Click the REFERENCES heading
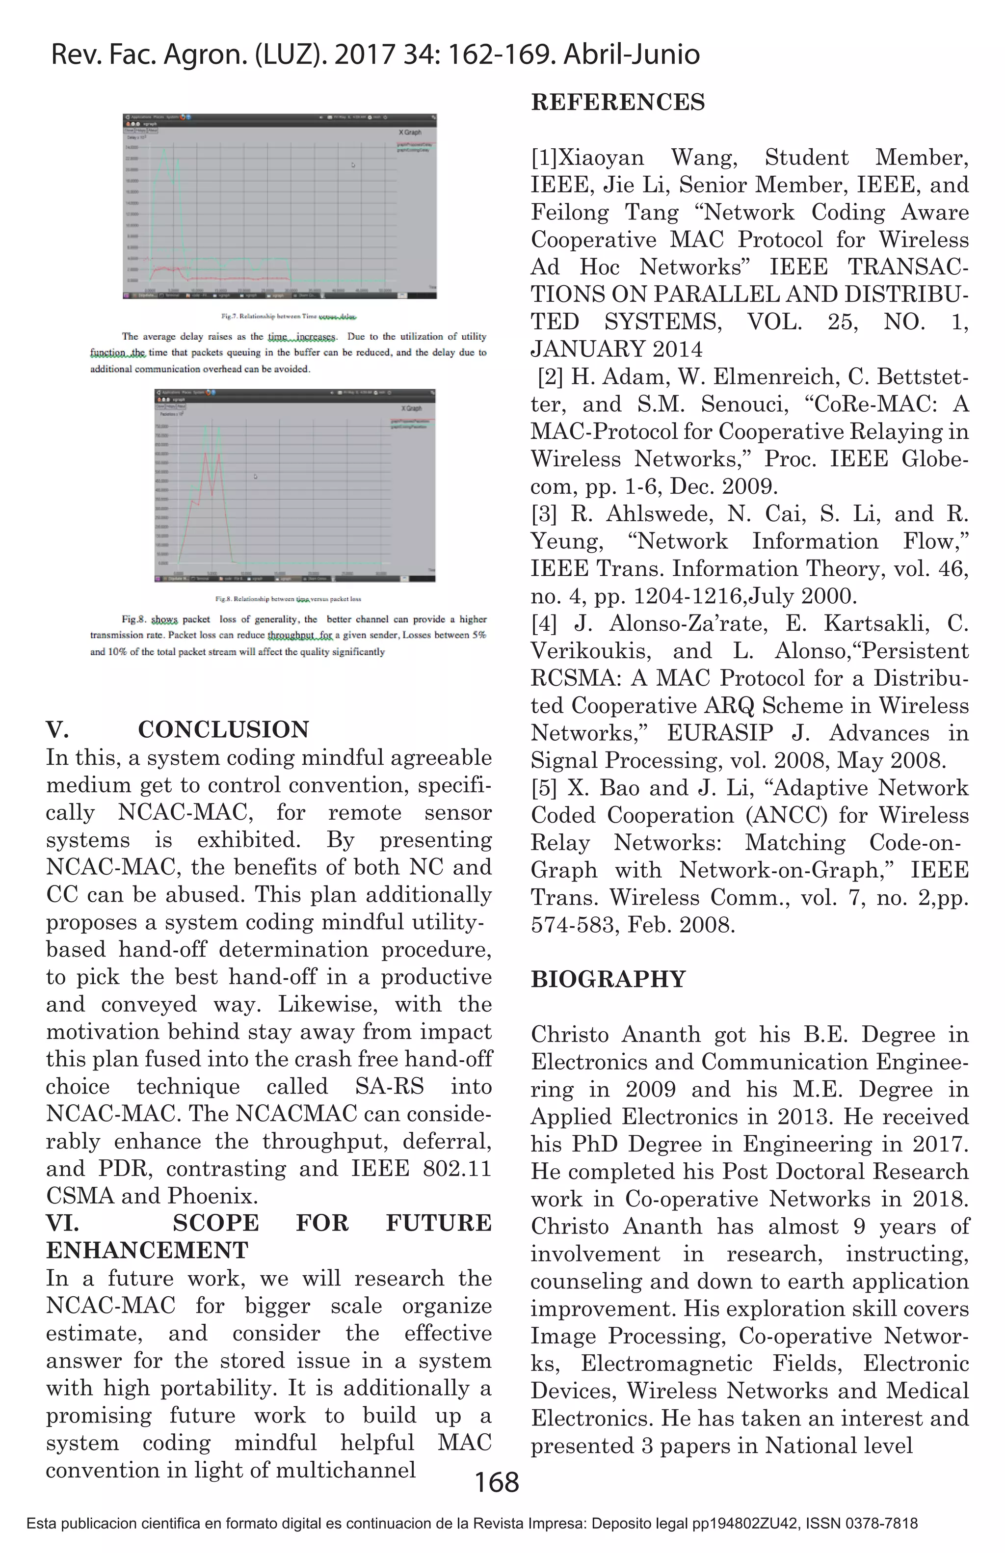(618, 103)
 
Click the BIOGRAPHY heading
(608, 979)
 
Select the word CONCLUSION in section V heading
(224, 729)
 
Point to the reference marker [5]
(544, 788)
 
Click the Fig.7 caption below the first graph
(289, 317)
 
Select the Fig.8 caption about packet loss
(288, 598)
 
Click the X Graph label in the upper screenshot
(410, 133)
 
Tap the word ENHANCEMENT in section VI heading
(147, 1250)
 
